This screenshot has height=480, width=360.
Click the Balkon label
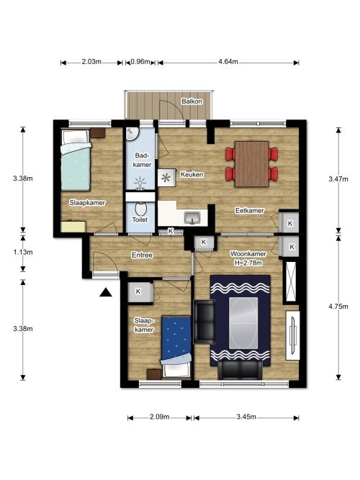[x=192, y=101]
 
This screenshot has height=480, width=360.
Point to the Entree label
[x=141, y=255]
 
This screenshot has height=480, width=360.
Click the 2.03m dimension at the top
[x=91, y=62]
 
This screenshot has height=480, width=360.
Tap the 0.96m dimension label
[x=141, y=62]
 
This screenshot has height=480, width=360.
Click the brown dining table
[x=251, y=163]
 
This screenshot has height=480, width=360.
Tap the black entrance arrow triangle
[x=106, y=292]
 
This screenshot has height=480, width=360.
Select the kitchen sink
[x=192, y=216]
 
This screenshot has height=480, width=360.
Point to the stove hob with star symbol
[x=167, y=176]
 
